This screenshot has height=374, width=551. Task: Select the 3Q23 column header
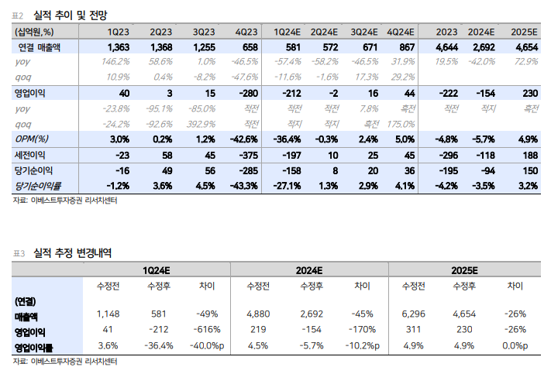pos(204,32)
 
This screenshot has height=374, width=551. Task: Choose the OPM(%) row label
pos(33,139)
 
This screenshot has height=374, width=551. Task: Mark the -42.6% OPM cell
pos(241,139)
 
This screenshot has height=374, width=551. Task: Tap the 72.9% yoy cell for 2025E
pos(524,61)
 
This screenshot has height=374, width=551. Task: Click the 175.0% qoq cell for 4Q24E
pos(400,124)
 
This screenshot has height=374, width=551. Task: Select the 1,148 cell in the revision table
pos(108,314)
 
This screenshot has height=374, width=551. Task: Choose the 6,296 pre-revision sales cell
pos(415,314)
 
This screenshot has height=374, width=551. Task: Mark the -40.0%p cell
pos(203,345)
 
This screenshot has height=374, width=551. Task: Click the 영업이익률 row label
pos(35,345)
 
